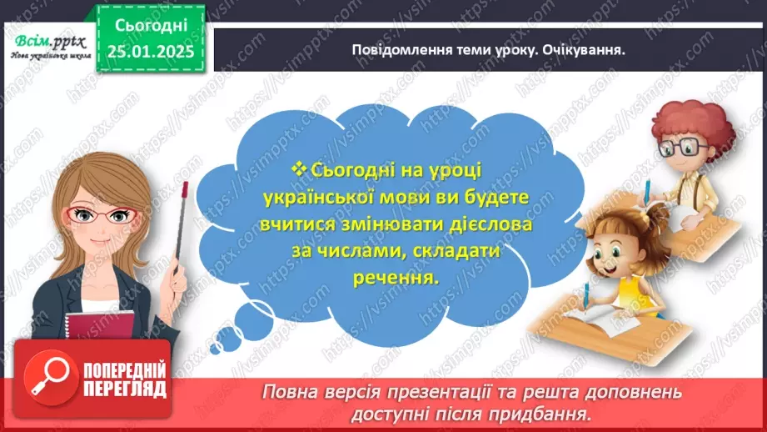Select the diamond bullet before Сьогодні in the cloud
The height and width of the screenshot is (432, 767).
[301, 169]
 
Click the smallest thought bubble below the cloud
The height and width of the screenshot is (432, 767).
[222, 341]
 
